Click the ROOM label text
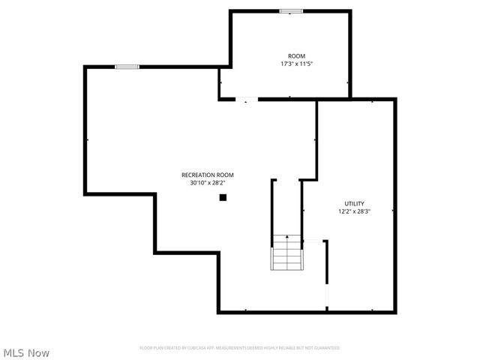click(296, 57)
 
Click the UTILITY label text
click(354, 203)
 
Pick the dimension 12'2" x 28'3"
click(354, 211)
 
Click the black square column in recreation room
click(223, 197)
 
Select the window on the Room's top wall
click(291, 10)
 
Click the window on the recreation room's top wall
click(127, 67)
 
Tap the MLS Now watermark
click(26, 352)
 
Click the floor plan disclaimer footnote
click(239, 348)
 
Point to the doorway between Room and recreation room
click(246, 99)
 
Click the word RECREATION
click(193, 175)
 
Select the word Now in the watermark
click(40, 352)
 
